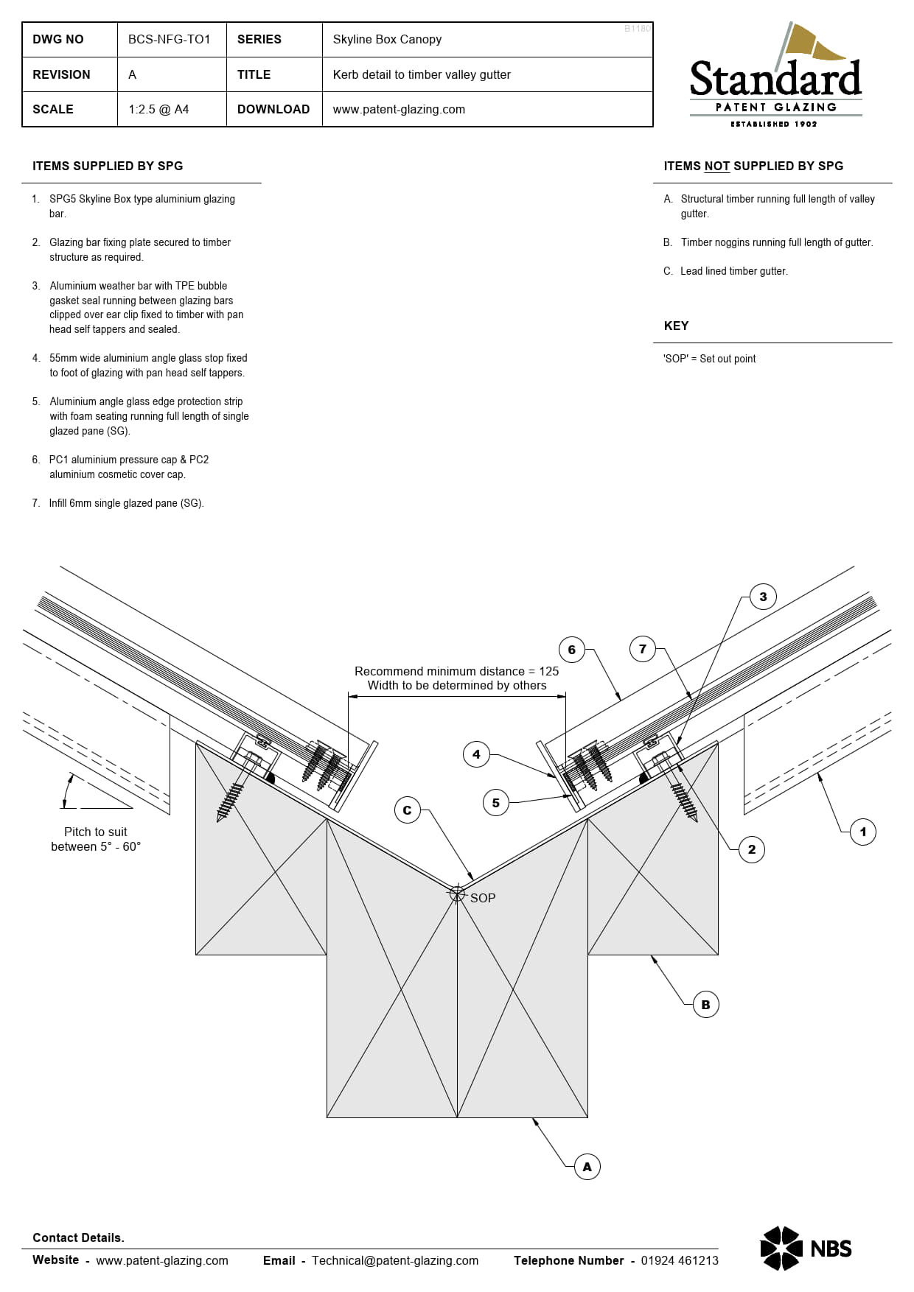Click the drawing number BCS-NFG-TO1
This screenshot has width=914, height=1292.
click(x=169, y=40)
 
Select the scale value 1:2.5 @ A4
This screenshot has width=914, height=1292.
click(x=158, y=109)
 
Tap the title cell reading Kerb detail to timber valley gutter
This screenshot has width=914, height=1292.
click(x=422, y=74)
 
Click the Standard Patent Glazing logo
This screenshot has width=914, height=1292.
click(x=775, y=77)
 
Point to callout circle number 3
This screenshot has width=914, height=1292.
click(x=763, y=597)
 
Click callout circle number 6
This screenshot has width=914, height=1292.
click(x=571, y=650)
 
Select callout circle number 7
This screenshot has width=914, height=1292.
click(x=643, y=649)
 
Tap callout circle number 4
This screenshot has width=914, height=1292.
click(x=476, y=754)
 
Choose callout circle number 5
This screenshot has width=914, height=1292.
click(x=496, y=803)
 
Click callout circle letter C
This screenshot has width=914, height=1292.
click(x=407, y=810)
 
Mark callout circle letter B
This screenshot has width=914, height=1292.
click(x=705, y=1005)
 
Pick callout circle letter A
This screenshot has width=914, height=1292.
click(x=587, y=1167)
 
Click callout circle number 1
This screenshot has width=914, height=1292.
click(x=862, y=832)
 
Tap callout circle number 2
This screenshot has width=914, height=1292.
click(x=751, y=849)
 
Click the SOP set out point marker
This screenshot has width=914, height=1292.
click(x=457, y=893)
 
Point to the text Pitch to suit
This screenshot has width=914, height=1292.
click(x=95, y=832)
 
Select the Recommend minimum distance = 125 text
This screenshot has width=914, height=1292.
click(x=456, y=671)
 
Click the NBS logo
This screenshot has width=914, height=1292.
click(x=806, y=1249)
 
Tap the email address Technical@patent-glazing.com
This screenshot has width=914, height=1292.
click(x=394, y=1260)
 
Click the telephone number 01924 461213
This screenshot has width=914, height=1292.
click(x=679, y=1260)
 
